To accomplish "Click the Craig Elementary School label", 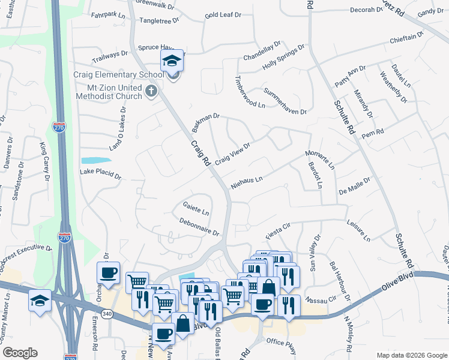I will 118,75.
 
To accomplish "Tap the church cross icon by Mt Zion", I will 151,92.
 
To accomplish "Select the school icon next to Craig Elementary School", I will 171,62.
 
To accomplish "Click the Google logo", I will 20,353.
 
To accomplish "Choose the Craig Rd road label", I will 200,154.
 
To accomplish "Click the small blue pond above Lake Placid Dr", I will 96,160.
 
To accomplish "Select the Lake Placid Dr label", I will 101,177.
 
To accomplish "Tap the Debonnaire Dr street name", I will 199,226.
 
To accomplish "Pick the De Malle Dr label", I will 357,185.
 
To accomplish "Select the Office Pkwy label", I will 283,341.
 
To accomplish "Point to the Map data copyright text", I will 411,355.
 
